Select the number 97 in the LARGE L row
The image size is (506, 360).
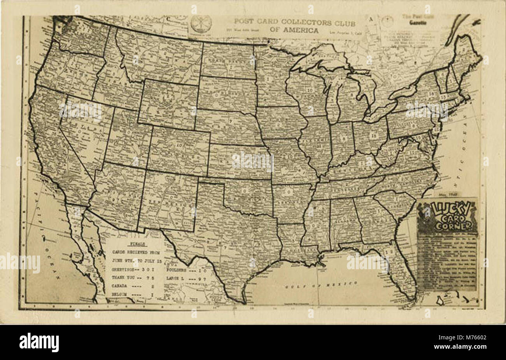[202, 279]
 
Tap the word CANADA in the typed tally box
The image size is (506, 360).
[121, 286]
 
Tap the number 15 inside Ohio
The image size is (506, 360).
[373, 136]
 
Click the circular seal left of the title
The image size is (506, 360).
[201, 24]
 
